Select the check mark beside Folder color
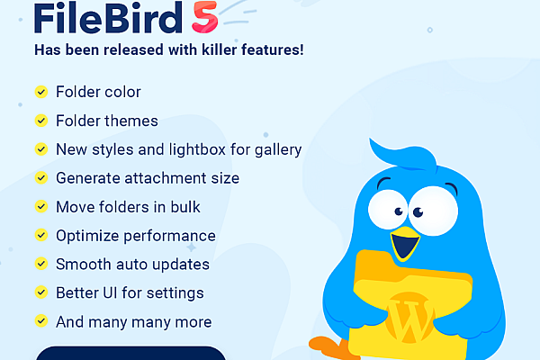pyautogui.click(x=40, y=92)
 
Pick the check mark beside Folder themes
pyautogui.click(x=40, y=121)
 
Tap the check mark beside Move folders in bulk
pyautogui.click(x=40, y=207)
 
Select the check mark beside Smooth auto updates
pyautogui.click(x=40, y=265)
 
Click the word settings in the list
pyautogui.click(x=178, y=292)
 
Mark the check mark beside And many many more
pyautogui.click(x=40, y=321)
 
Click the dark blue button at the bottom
pyautogui.click(x=130, y=353)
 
